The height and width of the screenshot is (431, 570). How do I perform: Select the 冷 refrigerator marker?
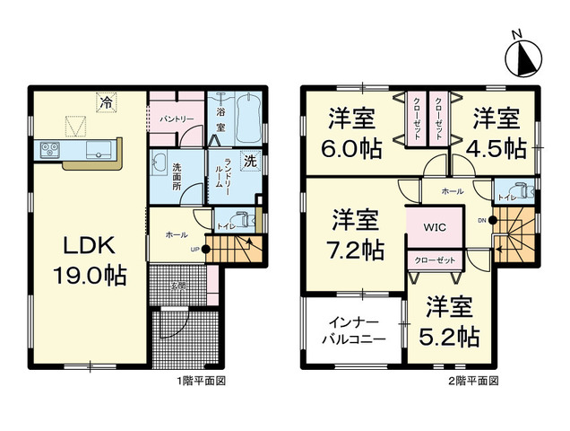click(x=107, y=102)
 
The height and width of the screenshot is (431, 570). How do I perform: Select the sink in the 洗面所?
click(x=160, y=163)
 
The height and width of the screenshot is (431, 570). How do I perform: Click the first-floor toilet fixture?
click(x=243, y=218)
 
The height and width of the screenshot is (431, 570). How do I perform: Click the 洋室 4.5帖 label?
click(x=496, y=133)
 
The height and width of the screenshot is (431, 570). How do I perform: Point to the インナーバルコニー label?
click(x=353, y=330)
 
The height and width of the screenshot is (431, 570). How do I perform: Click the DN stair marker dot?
click(x=493, y=220)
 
